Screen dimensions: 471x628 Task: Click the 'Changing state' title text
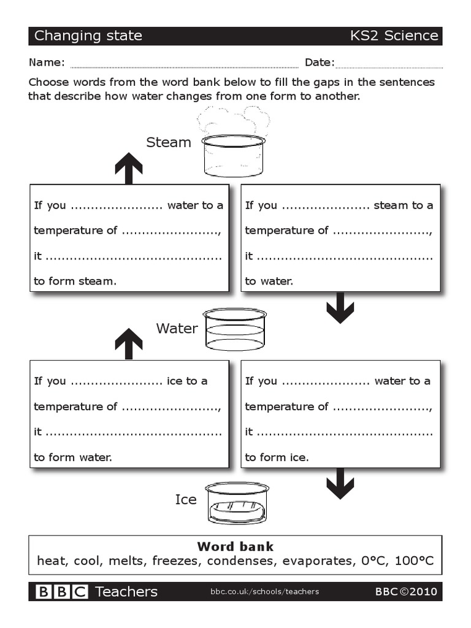88,36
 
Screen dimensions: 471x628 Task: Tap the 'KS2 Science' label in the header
394,36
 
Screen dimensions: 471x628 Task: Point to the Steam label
169,142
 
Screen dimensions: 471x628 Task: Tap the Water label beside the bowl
177,328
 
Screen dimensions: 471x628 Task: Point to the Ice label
186,500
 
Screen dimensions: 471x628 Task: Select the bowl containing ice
237,503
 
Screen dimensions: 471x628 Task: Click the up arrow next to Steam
129,168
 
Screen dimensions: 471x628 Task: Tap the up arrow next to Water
129,343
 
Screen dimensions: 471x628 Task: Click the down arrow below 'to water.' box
340,308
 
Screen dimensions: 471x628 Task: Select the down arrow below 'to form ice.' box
340,483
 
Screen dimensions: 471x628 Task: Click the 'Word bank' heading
235,546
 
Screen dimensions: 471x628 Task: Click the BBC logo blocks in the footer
62,592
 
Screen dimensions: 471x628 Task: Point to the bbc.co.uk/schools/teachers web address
264,592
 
